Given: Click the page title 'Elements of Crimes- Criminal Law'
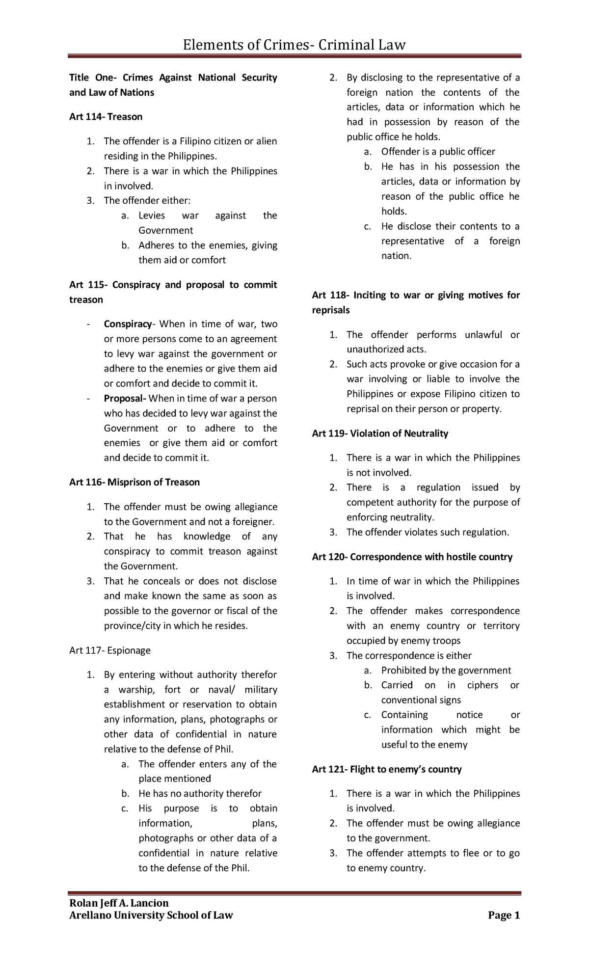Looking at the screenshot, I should tap(294, 45).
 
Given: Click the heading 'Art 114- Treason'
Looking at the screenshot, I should tap(106, 117).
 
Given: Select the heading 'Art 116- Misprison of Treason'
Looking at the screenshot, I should tap(134, 482).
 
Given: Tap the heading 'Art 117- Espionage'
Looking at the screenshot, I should tap(109, 650).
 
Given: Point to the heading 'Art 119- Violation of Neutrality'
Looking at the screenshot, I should tap(380, 433).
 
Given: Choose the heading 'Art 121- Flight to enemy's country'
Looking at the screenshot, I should tap(386, 769).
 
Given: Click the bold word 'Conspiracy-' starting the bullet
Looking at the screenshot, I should tap(129, 324).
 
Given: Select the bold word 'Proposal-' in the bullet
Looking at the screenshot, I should tap(125, 398).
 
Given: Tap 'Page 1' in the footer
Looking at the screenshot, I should tap(504, 916).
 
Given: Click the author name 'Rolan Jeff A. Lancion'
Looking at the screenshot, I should tap(119, 903).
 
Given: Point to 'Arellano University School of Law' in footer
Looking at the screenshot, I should tap(151, 916).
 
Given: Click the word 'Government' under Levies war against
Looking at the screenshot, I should tap(165, 230).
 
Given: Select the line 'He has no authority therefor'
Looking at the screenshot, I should tap(200, 794).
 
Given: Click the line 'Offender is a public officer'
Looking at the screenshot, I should tap(438, 152).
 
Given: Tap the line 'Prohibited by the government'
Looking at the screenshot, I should tap(446, 671).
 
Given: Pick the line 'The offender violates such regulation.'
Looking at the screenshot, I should tap(428, 532).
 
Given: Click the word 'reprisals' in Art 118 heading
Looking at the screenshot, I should tap(331, 310).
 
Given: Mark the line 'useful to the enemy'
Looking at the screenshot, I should tap(424, 745).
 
